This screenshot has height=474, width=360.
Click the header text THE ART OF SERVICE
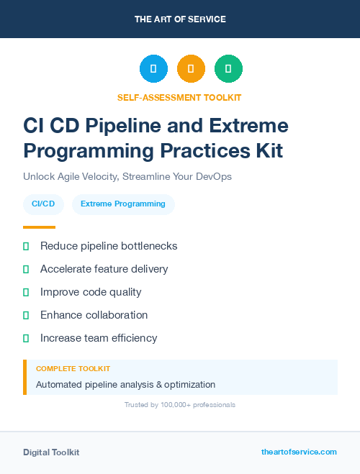(180, 19)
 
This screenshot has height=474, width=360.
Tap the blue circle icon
(153, 69)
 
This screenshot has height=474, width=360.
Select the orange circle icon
(191, 69)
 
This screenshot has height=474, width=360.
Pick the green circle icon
(228, 69)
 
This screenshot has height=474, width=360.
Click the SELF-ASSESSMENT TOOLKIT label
(180, 97)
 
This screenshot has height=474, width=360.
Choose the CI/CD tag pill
(44, 204)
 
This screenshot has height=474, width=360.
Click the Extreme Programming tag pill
(123, 204)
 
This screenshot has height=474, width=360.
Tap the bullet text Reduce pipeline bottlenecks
(109, 246)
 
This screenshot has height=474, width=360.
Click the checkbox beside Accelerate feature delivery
(26, 269)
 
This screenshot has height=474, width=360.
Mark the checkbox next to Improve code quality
(26, 292)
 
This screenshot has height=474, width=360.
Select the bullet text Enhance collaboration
(94, 315)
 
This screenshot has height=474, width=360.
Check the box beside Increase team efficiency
(26, 338)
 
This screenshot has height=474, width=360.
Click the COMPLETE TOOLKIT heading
(73, 369)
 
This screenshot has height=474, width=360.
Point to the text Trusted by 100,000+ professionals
(180, 405)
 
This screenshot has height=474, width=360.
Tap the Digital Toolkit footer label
(51, 452)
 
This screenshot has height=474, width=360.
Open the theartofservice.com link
(299, 452)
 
